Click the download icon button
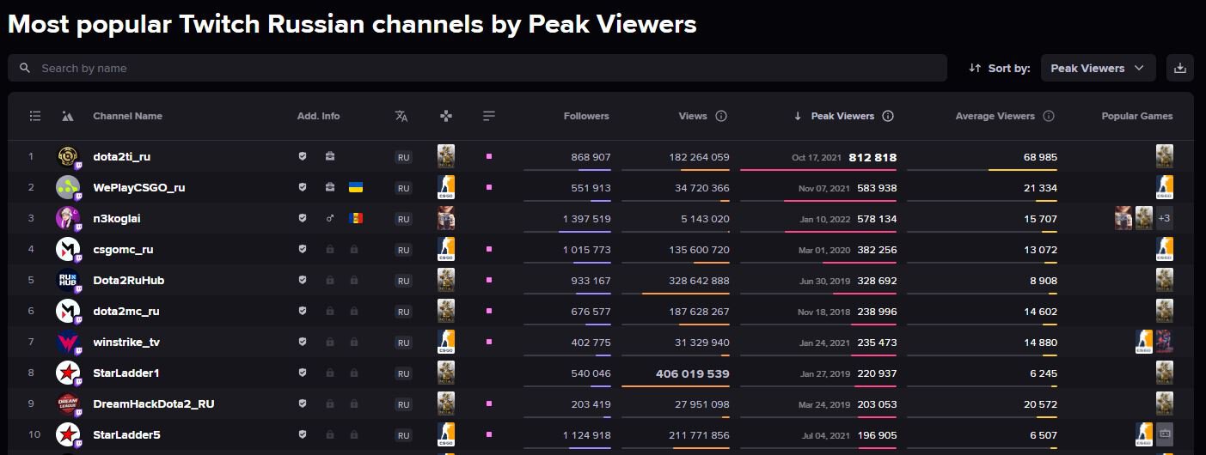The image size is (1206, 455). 1179,68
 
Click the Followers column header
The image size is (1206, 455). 586,116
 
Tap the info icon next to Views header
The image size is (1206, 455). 721,116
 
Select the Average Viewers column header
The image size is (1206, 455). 995,116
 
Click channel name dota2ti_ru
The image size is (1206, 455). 121,157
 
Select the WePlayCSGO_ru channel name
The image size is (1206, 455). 138,188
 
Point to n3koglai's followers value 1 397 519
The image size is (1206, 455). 586,219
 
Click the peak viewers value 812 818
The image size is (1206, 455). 872,157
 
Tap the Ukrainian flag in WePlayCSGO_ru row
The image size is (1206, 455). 355,187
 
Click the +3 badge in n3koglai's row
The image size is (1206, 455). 1164,219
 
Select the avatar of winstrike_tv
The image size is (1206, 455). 68,342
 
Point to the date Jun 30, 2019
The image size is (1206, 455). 824,281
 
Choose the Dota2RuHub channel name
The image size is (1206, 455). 128,281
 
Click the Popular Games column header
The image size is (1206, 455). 1136,116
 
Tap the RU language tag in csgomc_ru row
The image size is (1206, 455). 403,250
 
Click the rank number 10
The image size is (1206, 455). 34,435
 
